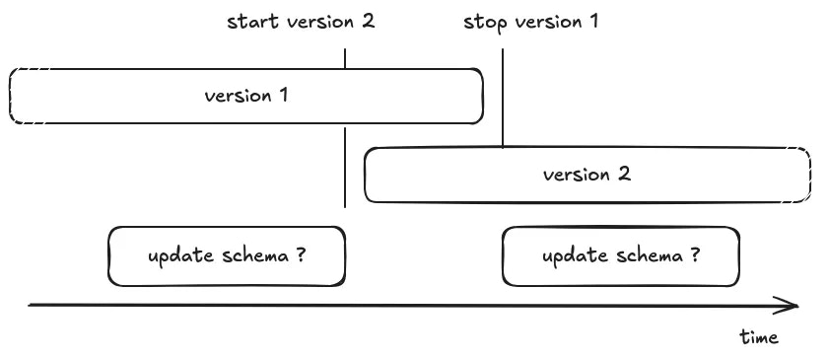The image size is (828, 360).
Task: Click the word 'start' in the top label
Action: pos(250,21)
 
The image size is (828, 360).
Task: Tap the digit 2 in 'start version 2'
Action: pos(368,21)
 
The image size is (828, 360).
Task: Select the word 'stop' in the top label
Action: pos(484,21)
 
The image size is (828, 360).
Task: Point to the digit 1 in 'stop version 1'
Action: pos(593,21)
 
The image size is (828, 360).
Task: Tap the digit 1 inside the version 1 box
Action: pos(284,96)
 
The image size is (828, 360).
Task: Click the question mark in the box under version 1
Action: pos(300,256)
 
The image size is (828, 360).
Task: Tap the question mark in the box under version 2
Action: pos(695,256)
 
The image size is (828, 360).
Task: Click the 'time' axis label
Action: pos(759,337)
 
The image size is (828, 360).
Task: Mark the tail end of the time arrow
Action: pos(32,305)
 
